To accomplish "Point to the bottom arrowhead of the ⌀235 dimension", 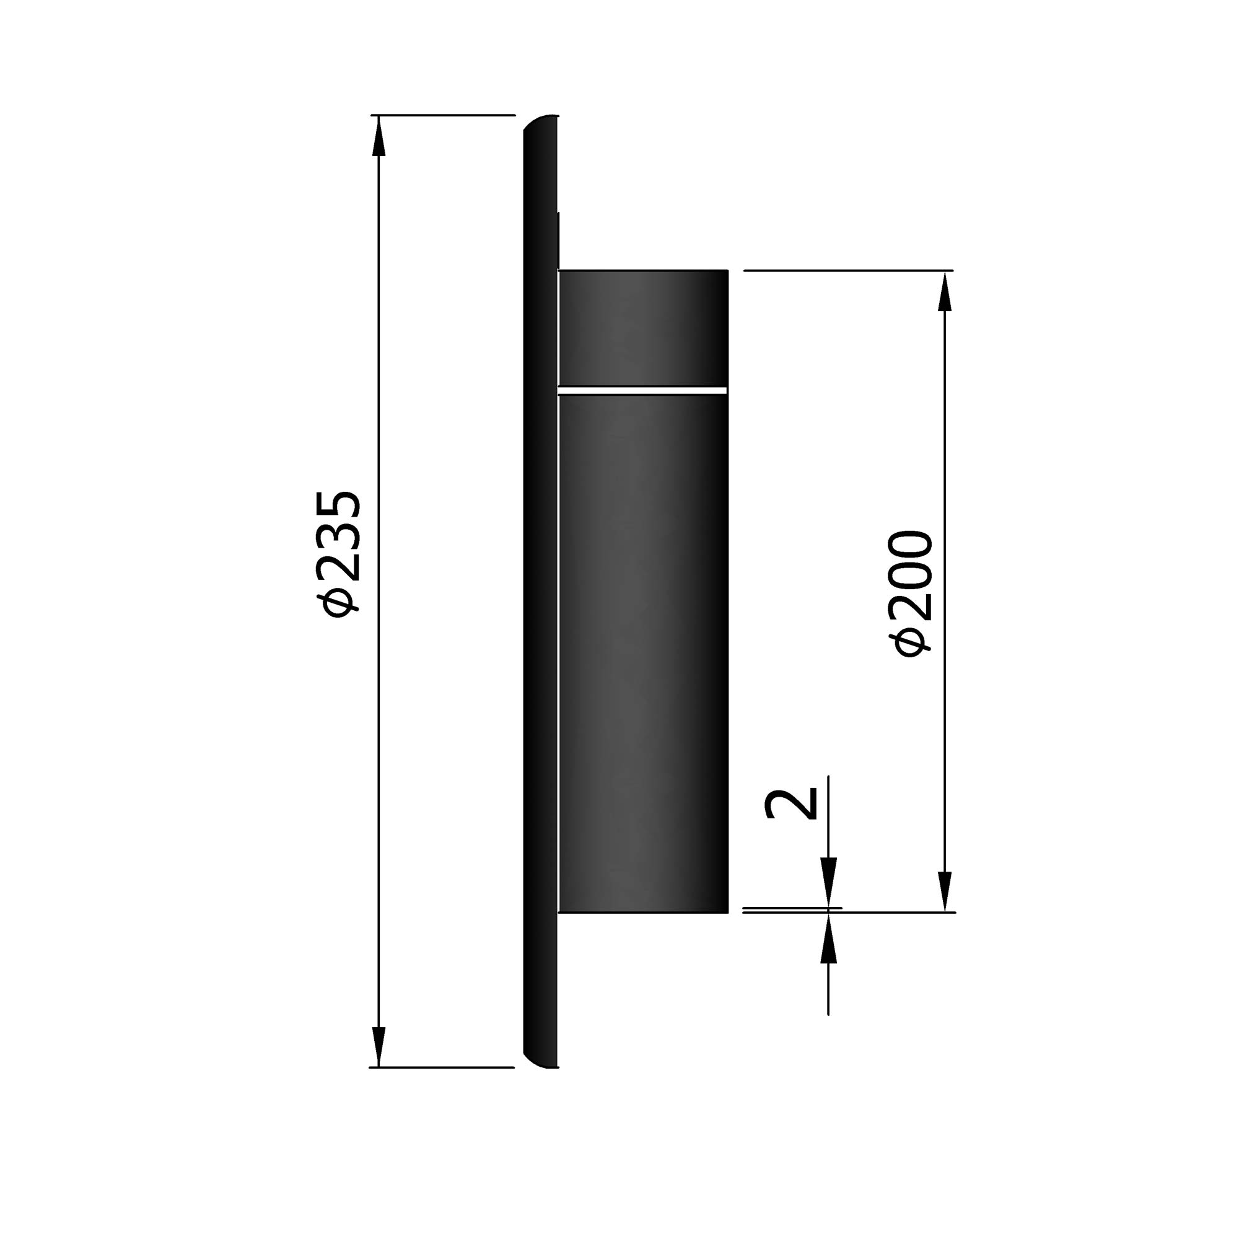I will coord(379,1046).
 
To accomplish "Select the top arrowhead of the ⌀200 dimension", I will coord(944,292).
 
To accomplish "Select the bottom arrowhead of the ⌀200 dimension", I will coord(944,891).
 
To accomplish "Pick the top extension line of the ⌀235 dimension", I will coord(442,115).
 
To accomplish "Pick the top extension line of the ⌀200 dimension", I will coord(846,271).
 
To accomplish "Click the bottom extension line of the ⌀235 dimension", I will coord(442,1067).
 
